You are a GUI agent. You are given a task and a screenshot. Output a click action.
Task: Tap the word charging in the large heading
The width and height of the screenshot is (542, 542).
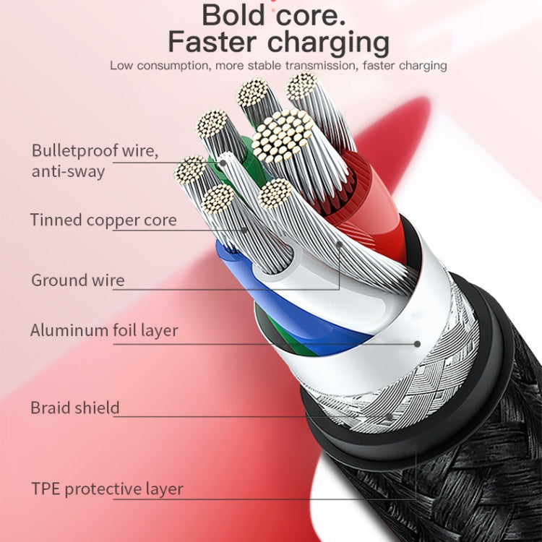coord(329,43)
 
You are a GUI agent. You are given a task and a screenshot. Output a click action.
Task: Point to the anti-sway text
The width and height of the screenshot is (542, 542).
coord(68,172)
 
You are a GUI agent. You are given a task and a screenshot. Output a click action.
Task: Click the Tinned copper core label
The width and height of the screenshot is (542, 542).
coord(103,220)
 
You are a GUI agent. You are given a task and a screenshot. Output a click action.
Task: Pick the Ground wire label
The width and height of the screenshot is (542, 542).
coord(77,280)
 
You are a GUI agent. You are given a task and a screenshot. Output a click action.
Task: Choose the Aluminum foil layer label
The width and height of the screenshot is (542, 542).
coord(104,331)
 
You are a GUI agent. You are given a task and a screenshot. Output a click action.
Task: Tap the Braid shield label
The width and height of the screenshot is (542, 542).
coord(74,408)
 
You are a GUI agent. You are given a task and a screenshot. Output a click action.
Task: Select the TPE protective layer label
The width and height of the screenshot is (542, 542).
coord(106,489)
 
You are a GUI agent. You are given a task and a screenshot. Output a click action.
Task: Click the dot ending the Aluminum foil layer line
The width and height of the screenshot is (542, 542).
coord(417,344)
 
